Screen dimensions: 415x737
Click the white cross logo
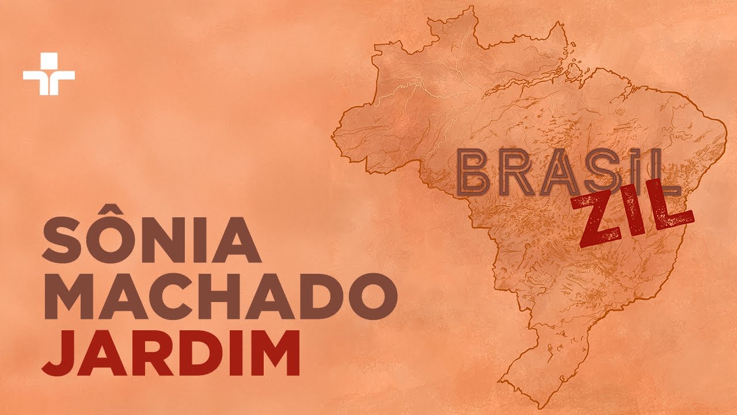pyautogui.click(x=49, y=74)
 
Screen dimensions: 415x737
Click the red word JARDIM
pyautogui.click(x=171, y=353)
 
